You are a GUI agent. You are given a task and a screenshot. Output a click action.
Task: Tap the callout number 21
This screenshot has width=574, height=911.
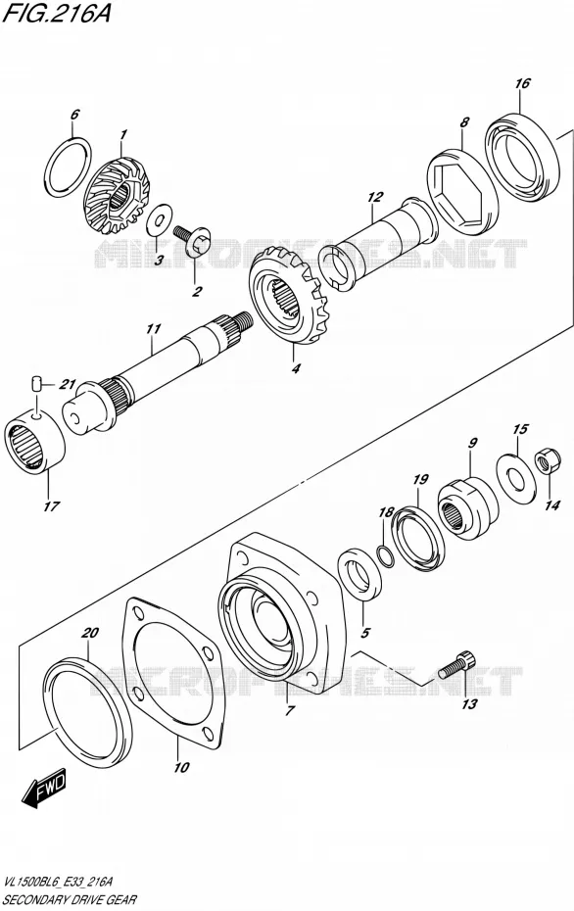pyautogui.click(x=68, y=384)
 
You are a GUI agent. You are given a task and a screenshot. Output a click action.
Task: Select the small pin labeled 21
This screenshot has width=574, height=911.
pyautogui.click(x=36, y=383)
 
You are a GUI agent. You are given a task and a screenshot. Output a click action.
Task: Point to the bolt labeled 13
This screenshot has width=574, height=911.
pyautogui.click(x=457, y=665)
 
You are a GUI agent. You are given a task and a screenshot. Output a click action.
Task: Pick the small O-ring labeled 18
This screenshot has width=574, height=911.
pyautogui.click(x=384, y=556)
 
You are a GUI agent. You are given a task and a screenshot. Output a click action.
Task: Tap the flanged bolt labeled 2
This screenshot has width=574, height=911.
pyautogui.click(x=194, y=241)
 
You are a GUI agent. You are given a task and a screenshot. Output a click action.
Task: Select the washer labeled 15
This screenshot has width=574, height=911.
pyautogui.click(x=515, y=476)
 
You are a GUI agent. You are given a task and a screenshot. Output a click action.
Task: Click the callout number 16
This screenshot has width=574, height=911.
pyautogui.click(x=522, y=83)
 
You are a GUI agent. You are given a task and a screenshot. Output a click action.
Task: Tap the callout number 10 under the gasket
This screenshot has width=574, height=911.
pyautogui.click(x=181, y=767)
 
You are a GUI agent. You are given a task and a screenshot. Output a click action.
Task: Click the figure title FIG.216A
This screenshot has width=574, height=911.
pyautogui.click(x=57, y=14)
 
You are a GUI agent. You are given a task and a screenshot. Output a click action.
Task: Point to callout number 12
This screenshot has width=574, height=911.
pyautogui.click(x=375, y=197)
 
